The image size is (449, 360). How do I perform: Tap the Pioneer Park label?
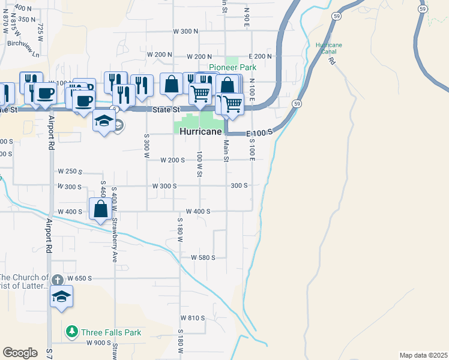tap(232, 67)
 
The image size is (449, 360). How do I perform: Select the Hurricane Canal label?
tap(328, 48)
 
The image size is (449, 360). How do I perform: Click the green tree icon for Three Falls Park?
tap(72, 331)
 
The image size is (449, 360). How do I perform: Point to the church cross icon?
tap(57, 280)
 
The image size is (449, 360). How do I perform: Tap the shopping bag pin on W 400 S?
tap(101, 209)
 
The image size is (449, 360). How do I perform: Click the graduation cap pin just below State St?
tap(104, 122)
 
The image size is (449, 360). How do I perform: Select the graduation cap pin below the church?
tap(62, 297)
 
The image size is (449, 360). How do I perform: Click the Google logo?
tap(20, 353)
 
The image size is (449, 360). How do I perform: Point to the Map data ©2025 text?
tap(423, 355)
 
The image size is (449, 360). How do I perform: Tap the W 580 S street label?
tap(203, 257)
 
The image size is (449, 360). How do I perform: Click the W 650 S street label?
tap(79, 278)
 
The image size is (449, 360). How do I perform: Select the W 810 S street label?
tap(193, 317)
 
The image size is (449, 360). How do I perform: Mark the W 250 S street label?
tap(70, 171)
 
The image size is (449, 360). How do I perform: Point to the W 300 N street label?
tap(185, 31)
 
